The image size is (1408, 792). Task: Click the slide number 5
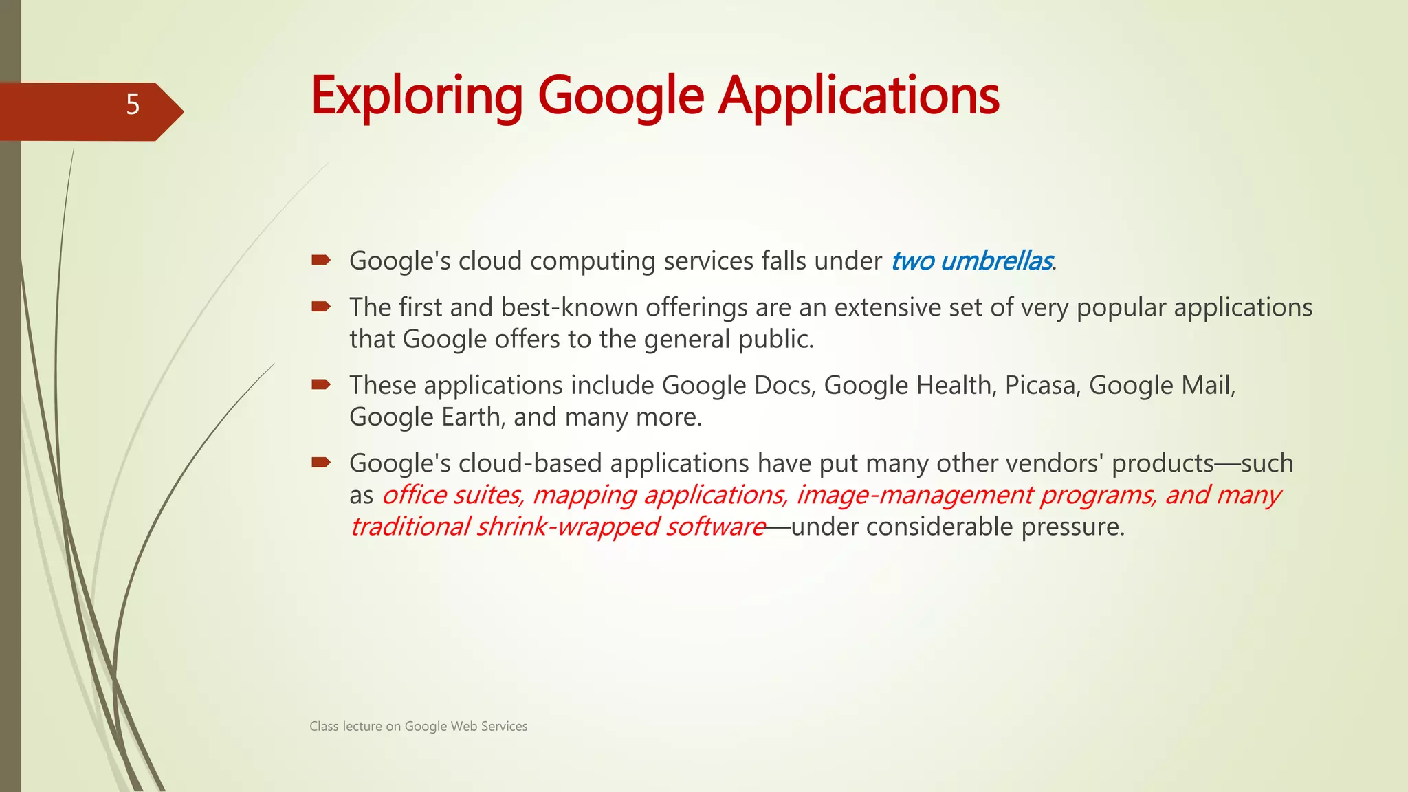(x=133, y=104)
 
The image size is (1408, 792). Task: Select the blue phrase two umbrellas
(x=971, y=261)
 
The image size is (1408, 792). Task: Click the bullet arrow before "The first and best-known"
(x=320, y=307)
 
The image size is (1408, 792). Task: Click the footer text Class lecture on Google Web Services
(x=418, y=726)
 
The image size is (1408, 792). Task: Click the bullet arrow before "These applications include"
(x=320, y=384)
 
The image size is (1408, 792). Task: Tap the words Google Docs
(x=738, y=385)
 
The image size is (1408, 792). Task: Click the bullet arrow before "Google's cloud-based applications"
(x=320, y=462)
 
